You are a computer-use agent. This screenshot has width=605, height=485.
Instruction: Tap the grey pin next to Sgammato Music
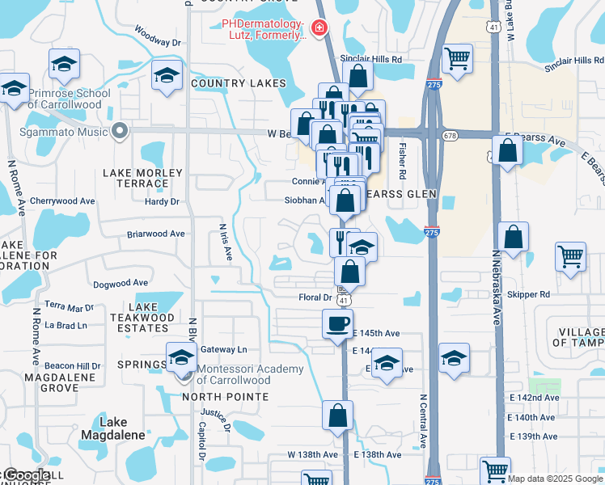pos(121,130)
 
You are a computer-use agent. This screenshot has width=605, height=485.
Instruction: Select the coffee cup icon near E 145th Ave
pos(338,324)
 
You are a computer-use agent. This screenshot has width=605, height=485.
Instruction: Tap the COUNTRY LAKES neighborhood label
pos(238,83)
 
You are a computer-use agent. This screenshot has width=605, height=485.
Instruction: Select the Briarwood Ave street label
pos(156,234)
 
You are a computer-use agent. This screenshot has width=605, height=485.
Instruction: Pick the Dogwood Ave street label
pos(121,283)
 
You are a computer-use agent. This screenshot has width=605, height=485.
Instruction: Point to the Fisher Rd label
pos(402,162)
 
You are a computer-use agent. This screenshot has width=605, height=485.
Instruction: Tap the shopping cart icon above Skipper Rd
pos(570,257)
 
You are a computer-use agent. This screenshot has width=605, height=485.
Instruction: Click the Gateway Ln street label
pos(224,349)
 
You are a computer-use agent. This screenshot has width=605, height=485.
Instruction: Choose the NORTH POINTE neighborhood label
pos(225,397)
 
